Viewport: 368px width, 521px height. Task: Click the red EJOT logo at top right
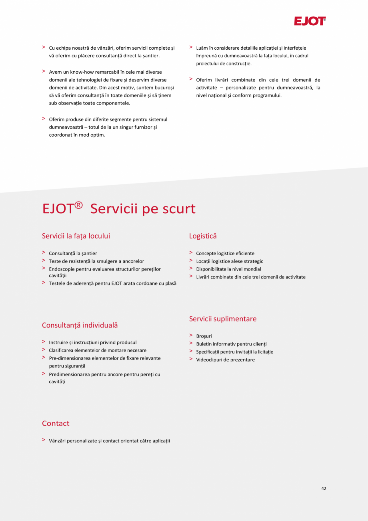[310, 21]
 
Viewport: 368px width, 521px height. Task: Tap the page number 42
[324, 489]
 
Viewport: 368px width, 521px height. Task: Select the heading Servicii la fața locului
[76, 236]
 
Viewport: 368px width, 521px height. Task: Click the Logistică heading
[203, 236]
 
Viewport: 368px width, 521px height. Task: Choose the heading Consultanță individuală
[80, 325]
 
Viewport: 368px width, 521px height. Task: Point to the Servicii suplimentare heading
[223, 319]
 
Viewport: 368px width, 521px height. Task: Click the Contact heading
[56, 424]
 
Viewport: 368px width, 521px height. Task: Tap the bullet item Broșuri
[204, 336]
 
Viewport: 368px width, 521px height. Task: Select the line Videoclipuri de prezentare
[225, 360]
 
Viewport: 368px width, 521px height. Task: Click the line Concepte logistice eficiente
[225, 254]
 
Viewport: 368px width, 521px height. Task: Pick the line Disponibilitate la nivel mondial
[228, 269]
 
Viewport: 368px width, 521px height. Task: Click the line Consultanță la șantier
[73, 254]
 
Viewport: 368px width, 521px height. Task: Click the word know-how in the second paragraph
[82, 72]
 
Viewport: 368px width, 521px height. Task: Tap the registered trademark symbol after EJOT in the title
[78, 206]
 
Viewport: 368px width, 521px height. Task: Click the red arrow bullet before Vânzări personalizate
[44, 440]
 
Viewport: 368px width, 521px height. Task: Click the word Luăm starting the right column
[201, 48]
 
